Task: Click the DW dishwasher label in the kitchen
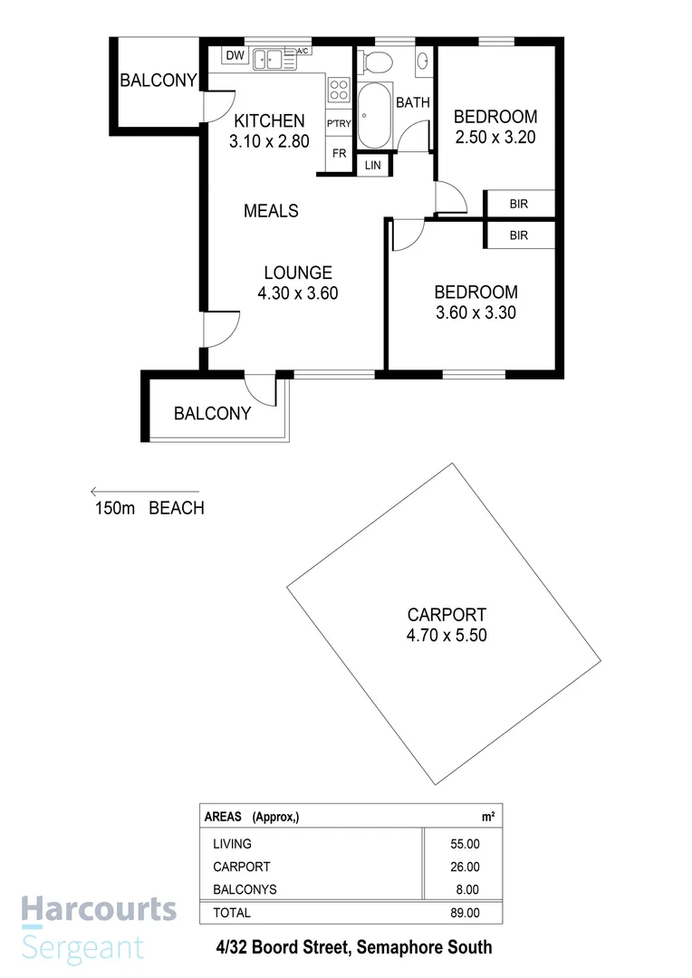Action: pos(235,56)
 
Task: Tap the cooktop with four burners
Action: pos(339,90)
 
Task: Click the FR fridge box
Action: pos(339,154)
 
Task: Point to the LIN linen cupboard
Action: pos(373,165)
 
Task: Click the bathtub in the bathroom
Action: pos(373,116)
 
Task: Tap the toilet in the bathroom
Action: pos(376,61)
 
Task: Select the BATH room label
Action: pos(412,102)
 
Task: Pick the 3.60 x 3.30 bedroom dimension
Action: pos(476,312)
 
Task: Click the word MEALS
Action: pos(271,211)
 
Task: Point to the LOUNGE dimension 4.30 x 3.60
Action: pos(298,292)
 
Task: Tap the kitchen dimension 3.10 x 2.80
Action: pos(270,141)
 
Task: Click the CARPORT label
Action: pos(447,615)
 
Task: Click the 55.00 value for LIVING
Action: pos(465,844)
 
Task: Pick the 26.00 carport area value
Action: pos(465,867)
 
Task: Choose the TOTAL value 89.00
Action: pos(465,913)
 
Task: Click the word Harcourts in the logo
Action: pos(99,909)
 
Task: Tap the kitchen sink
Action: pos(269,59)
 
